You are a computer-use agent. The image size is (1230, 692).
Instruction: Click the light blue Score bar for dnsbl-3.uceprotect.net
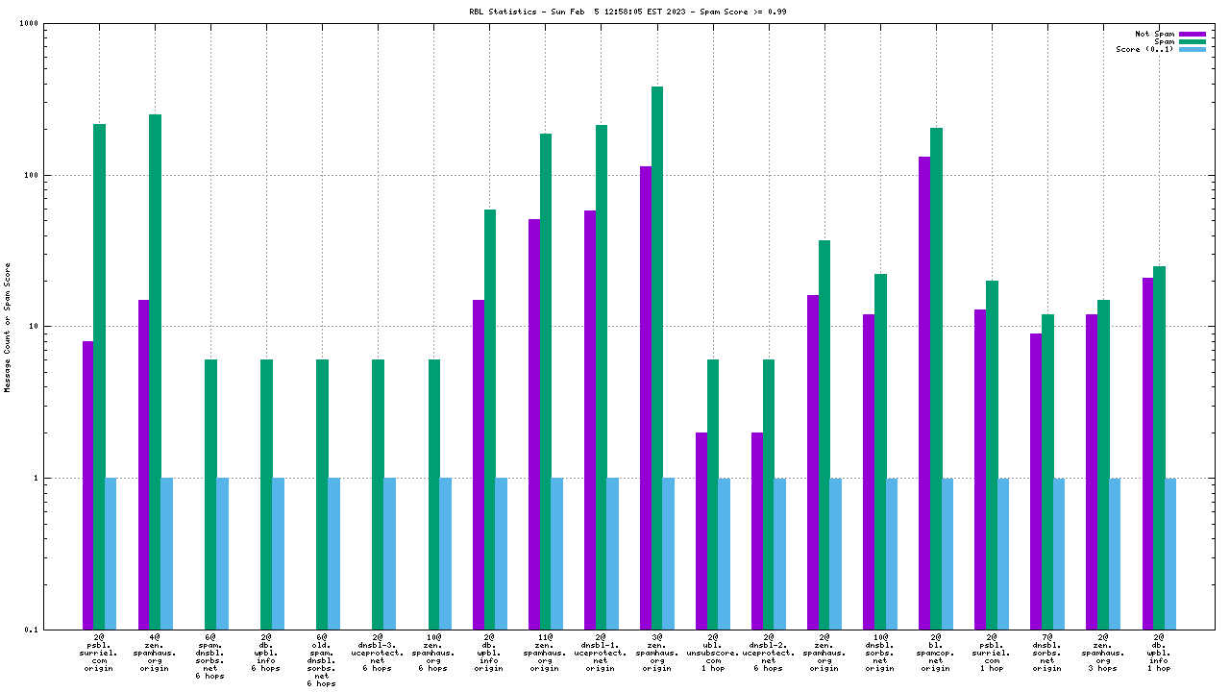pyautogui.click(x=389, y=553)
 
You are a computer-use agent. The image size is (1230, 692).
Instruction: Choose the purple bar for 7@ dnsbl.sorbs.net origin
pyautogui.click(x=1036, y=481)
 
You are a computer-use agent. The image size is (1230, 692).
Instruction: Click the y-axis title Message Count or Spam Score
pyautogui.click(x=8, y=327)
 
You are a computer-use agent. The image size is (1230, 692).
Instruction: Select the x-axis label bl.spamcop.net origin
pyautogui.click(x=935, y=652)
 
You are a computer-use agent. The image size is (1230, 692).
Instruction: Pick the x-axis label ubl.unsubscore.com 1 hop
pyautogui.click(x=712, y=652)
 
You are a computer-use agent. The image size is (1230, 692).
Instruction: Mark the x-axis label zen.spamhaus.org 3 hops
pyautogui.click(x=1102, y=652)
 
